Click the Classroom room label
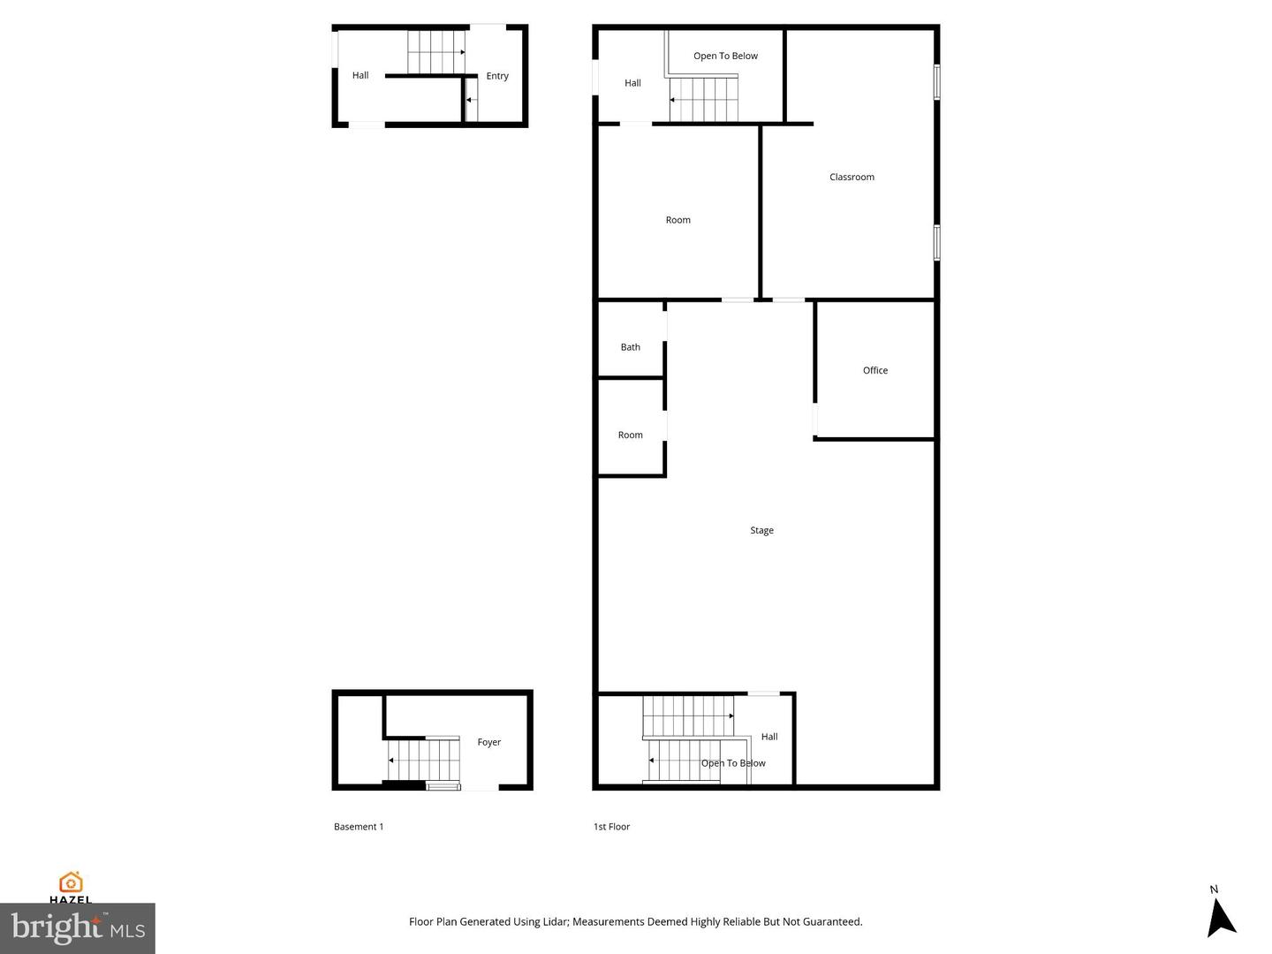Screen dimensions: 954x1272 point(852,177)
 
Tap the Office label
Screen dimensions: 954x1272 point(874,370)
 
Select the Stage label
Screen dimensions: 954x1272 point(761,530)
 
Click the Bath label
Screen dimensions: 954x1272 point(630,347)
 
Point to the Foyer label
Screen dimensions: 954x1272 point(488,742)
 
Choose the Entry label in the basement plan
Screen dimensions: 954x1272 point(496,76)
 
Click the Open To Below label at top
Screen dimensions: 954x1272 point(725,56)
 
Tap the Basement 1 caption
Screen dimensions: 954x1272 point(359,827)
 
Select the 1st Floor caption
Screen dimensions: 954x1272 point(611,827)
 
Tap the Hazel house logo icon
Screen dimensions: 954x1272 point(71,882)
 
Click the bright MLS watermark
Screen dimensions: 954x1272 point(78,927)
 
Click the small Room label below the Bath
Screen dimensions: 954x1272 point(630,435)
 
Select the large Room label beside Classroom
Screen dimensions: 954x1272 point(678,220)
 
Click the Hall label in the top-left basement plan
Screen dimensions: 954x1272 point(360,75)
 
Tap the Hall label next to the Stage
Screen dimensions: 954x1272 point(769,736)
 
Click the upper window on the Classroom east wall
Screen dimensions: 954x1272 point(936,81)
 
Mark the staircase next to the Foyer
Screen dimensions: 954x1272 point(424,760)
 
